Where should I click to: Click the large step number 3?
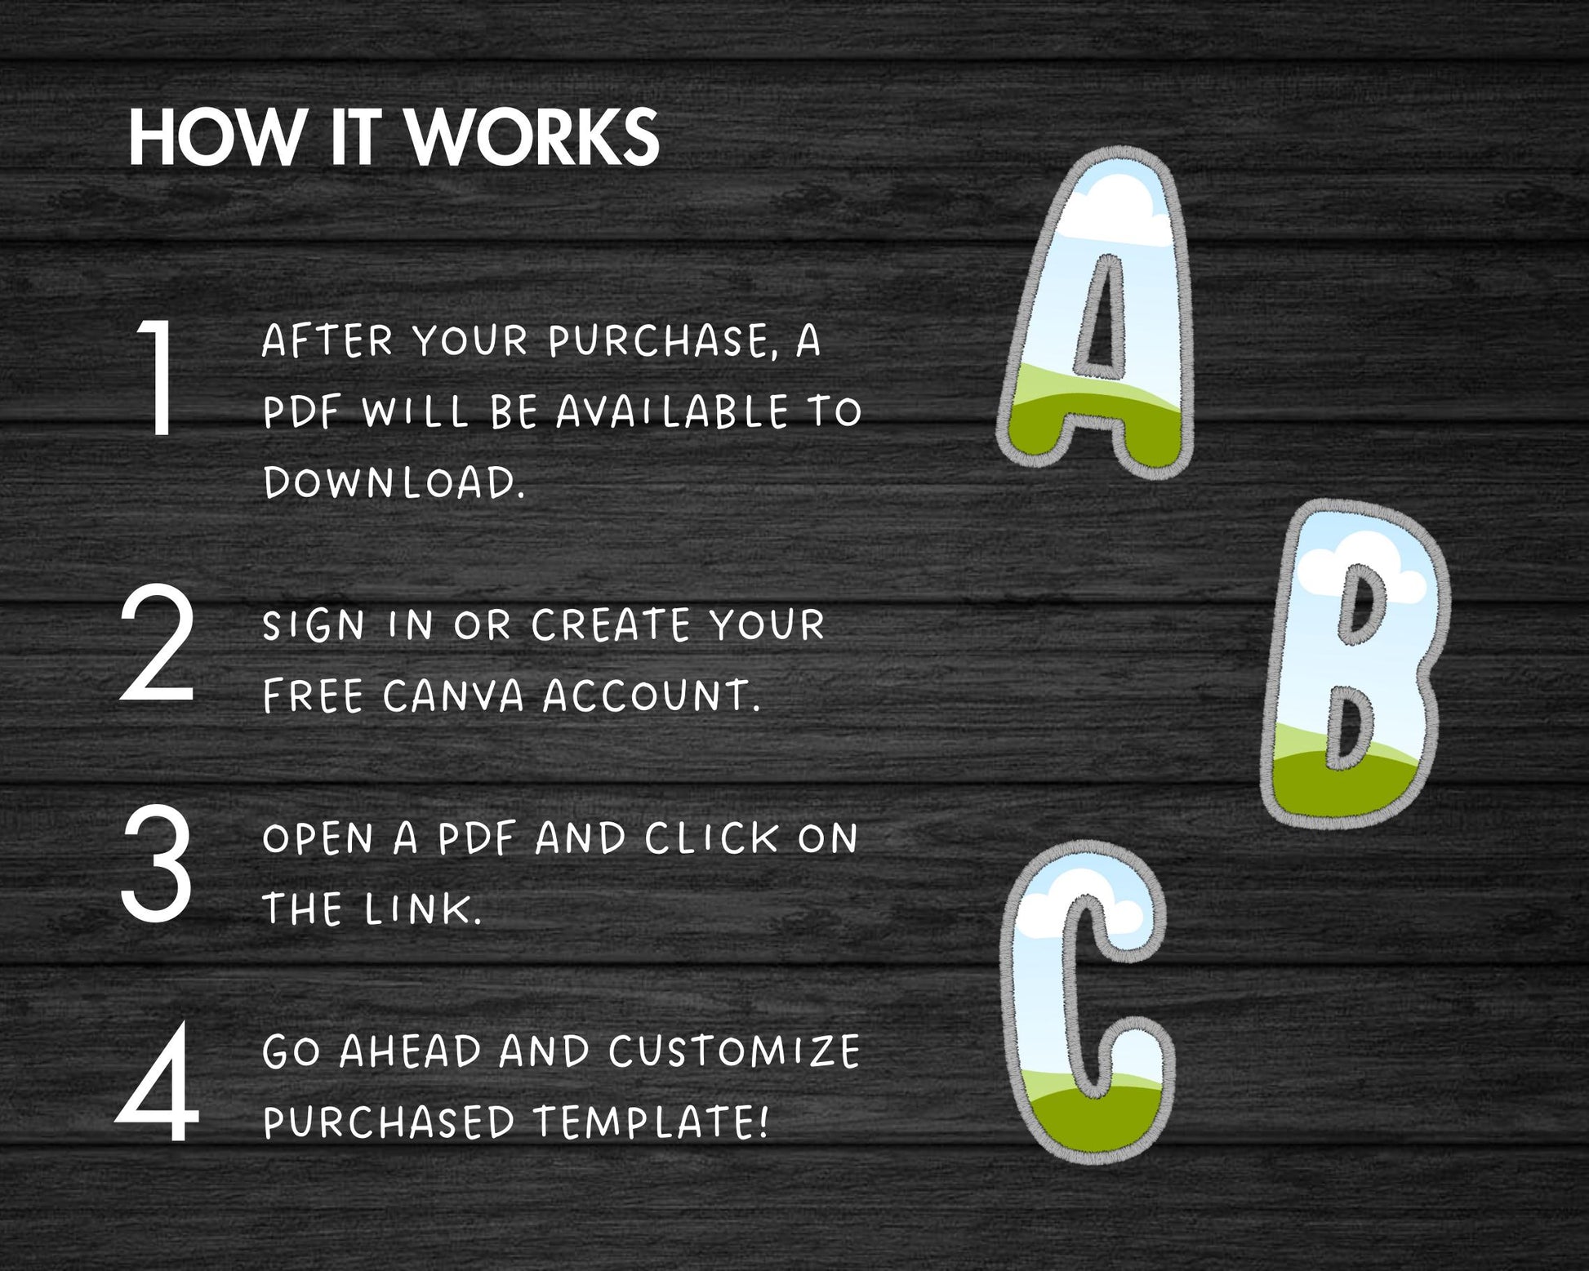pyautogui.click(x=157, y=864)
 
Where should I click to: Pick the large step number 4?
pyautogui.click(x=158, y=1082)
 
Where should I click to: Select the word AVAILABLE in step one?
pyautogui.click(x=673, y=411)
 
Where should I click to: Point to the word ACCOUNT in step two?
pyautogui.click(x=652, y=696)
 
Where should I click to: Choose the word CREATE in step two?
pyautogui.click(x=612, y=625)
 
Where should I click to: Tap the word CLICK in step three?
pyautogui.click(x=712, y=838)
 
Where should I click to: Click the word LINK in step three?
pyautogui.click(x=423, y=909)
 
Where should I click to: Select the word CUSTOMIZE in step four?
pyautogui.click(x=734, y=1051)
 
